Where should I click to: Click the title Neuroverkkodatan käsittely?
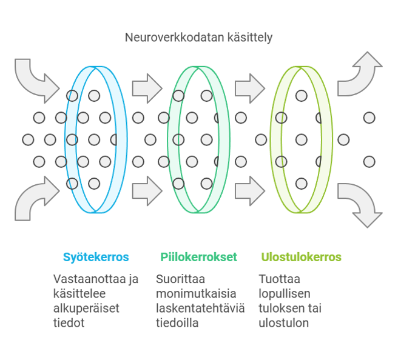pos(198,38)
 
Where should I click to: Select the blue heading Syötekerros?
pos(96,257)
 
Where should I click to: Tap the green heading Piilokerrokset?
pos(198,257)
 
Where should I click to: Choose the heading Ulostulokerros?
pos(302,257)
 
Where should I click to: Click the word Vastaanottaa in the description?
pos(86,279)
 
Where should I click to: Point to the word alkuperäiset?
pos(86,308)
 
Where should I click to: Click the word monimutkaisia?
pos(196,294)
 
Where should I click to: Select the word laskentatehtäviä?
pos(200,308)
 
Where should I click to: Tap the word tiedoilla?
pos(177,323)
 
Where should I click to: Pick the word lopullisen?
pos(285,294)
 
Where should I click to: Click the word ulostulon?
pos(284,323)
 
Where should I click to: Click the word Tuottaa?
pos(280,279)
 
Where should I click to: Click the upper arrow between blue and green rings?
pos(147,88)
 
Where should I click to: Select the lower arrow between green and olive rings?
pos(250,191)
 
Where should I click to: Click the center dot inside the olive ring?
pos(302,139)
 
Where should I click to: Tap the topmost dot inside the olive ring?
pos(302,96)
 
